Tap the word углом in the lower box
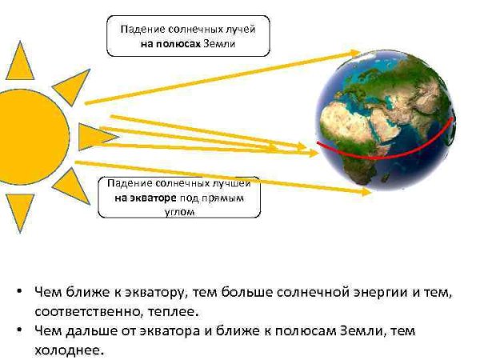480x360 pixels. click(179, 211)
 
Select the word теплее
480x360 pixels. click(172, 310)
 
